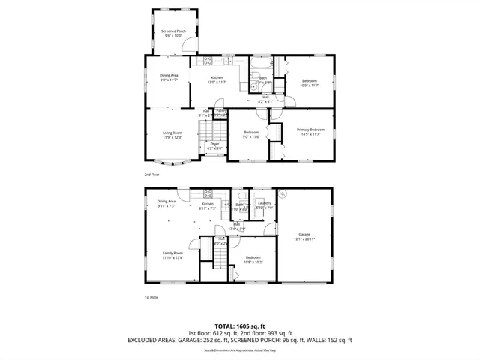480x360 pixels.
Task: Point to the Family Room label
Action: click(x=172, y=253)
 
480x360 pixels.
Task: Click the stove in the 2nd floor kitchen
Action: click(x=206, y=61)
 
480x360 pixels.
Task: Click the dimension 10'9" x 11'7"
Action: click(x=310, y=85)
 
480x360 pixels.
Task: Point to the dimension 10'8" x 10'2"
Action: click(x=253, y=262)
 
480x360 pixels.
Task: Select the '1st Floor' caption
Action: click(x=152, y=297)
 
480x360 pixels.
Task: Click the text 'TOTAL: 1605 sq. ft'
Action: click(x=240, y=325)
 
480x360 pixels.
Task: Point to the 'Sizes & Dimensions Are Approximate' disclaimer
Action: click(x=240, y=349)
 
